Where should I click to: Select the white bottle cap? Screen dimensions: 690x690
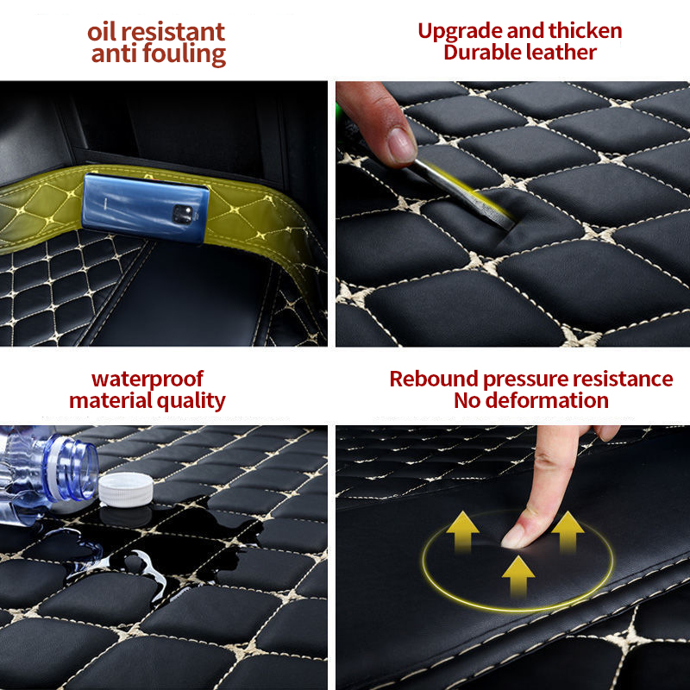pos(125,489)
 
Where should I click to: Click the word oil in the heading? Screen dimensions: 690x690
pos(105,33)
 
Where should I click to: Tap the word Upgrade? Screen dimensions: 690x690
pos(460,32)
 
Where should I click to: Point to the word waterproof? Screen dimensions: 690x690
pos(147,379)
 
